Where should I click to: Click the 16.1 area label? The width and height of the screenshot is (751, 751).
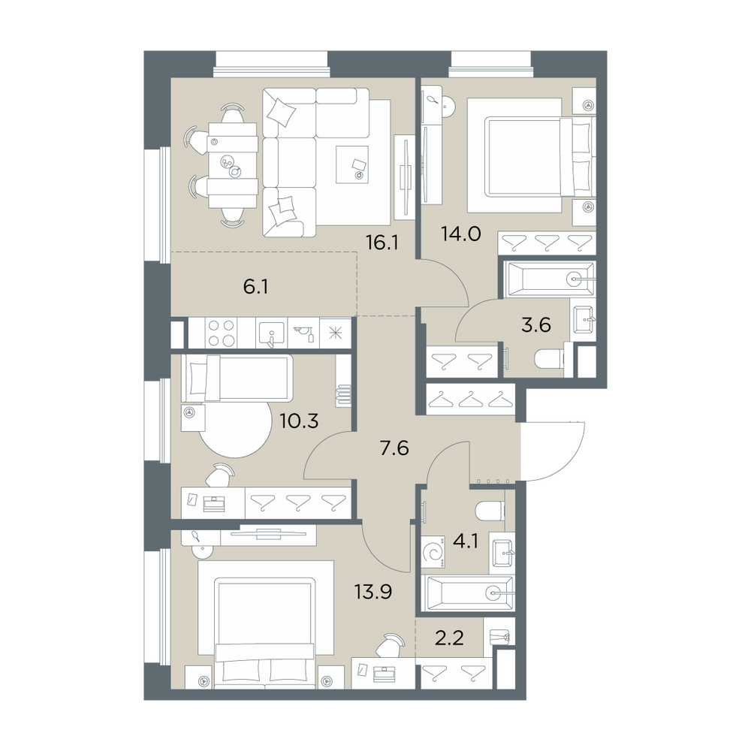click(x=382, y=243)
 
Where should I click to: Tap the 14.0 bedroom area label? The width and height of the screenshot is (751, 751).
click(x=460, y=234)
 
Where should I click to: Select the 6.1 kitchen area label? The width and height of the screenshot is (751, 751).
click(x=255, y=288)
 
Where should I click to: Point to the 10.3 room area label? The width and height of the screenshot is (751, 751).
click(x=299, y=421)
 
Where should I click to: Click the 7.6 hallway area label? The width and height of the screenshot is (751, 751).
click(x=394, y=448)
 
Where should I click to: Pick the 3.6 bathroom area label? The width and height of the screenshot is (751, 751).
click(x=536, y=325)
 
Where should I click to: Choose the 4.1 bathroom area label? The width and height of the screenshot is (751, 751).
click(x=465, y=543)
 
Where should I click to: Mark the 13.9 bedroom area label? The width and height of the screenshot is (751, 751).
click(x=373, y=592)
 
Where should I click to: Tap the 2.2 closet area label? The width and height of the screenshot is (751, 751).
click(x=449, y=638)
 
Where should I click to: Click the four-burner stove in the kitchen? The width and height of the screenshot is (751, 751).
click(x=222, y=333)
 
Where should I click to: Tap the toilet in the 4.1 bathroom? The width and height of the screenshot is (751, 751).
click(x=490, y=511)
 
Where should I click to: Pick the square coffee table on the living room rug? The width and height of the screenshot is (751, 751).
click(x=352, y=164)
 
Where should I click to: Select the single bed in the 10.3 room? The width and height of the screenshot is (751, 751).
click(x=237, y=378)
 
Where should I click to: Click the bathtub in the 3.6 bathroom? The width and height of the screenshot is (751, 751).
click(x=547, y=279)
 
